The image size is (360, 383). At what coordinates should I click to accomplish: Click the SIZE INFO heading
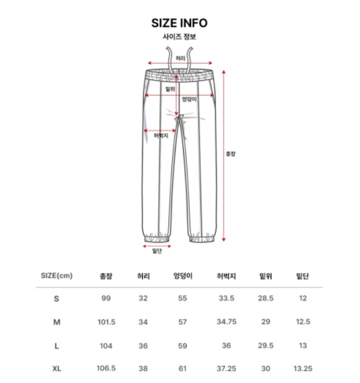click(179, 23)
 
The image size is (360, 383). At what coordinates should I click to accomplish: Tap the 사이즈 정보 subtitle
click(179, 37)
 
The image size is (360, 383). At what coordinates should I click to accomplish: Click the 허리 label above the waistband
click(180, 58)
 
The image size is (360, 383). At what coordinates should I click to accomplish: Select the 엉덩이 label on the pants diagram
click(188, 99)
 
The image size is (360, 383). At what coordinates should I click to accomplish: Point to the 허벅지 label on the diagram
click(160, 135)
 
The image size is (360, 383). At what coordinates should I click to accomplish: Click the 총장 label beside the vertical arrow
click(231, 154)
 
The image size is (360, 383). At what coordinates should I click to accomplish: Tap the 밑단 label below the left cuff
click(156, 251)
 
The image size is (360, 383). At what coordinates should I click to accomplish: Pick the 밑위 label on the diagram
click(170, 89)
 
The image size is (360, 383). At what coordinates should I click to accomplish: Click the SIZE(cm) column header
click(57, 275)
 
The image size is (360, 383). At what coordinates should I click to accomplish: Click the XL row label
click(57, 368)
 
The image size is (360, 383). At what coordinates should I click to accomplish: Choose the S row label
click(57, 298)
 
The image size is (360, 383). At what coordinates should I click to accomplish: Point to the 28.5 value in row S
click(265, 298)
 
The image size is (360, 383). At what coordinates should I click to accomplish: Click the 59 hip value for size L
click(183, 345)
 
